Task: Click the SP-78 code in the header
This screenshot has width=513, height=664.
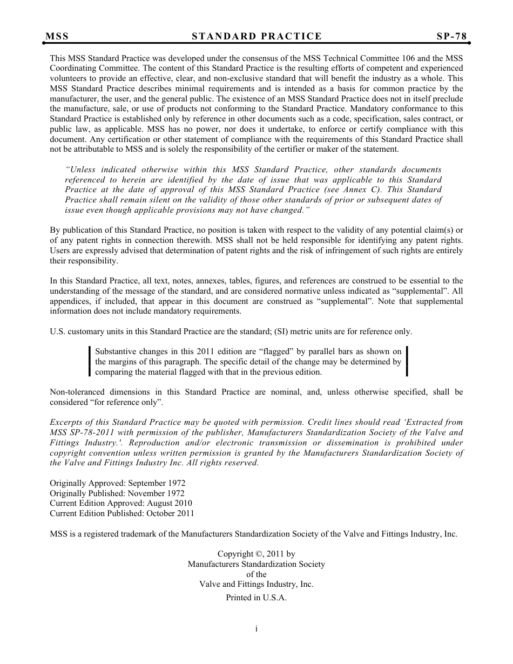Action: pos(451,37)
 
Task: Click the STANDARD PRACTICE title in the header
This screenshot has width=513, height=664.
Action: pos(256,37)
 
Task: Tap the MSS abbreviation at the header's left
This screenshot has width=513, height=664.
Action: pos(57,37)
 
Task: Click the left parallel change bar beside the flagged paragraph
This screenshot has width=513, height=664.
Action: pos(90,362)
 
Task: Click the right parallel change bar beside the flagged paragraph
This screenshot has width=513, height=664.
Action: pos(407,362)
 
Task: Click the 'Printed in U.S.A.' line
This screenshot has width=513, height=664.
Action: pos(256,598)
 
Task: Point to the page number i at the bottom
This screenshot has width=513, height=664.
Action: pos(256,628)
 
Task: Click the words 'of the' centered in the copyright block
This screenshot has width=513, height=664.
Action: pos(256,574)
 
